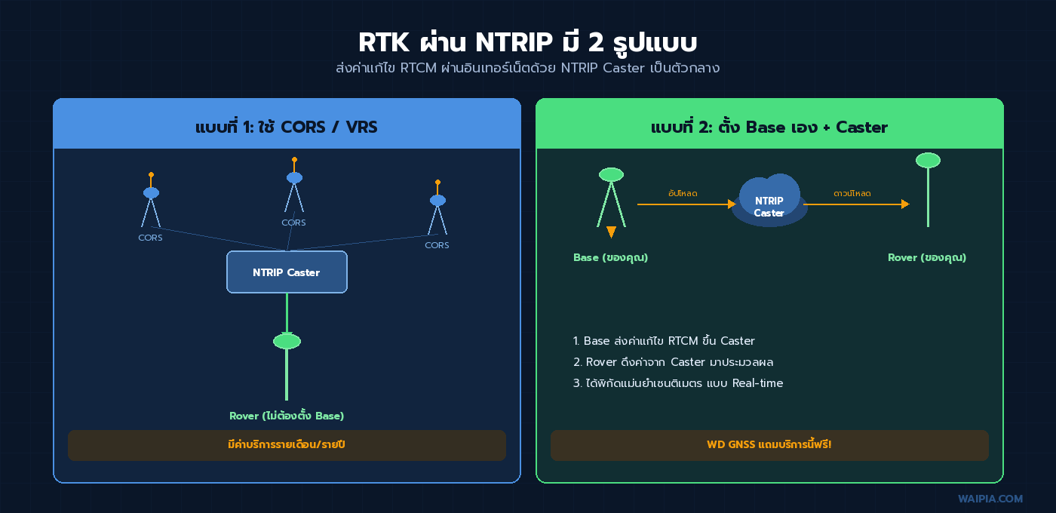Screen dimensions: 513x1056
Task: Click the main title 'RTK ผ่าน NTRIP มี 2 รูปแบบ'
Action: (x=527, y=41)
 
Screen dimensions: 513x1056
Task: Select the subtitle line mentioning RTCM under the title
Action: (x=527, y=69)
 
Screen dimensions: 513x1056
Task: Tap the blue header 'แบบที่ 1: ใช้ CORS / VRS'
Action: (x=287, y=127)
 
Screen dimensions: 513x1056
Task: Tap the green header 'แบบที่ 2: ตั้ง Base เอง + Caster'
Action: (x=769, y=127)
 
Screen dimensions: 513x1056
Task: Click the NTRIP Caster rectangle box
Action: (x=287, y=272)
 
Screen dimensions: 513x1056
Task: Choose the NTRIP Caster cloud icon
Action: (x=769, y=202)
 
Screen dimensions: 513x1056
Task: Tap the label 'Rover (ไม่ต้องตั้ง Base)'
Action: (x=287, y=416)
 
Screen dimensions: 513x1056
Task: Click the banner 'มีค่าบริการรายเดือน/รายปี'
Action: (x=287, y=445)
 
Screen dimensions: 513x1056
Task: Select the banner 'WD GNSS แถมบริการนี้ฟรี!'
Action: (x=769, y=445)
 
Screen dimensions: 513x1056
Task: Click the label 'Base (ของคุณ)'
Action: (x=610, y=257)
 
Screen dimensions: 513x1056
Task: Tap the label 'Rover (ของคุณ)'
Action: (x=927, y=257)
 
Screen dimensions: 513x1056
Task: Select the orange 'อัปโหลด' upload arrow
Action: (x=686, y=204)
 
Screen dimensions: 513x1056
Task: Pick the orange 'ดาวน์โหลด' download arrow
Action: (x=856, y=204)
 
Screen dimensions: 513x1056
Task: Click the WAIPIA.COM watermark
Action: (x=990, y=499)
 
